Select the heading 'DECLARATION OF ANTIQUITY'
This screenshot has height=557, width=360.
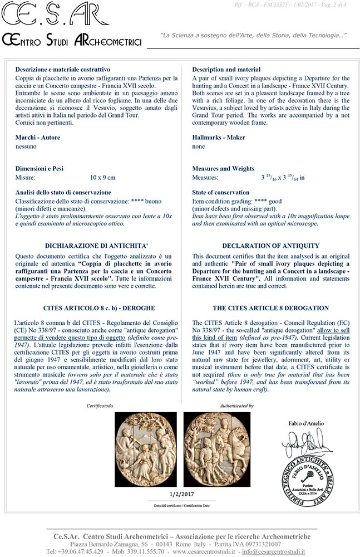(270, 246)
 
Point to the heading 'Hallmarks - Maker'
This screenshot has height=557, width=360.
(218, 138)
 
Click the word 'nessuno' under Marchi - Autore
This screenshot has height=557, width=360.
(26, 146)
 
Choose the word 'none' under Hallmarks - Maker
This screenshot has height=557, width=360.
(199, 146)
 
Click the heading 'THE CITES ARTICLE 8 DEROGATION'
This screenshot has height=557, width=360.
(270, 307)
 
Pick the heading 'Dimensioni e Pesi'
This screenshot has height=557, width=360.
(42, 168)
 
